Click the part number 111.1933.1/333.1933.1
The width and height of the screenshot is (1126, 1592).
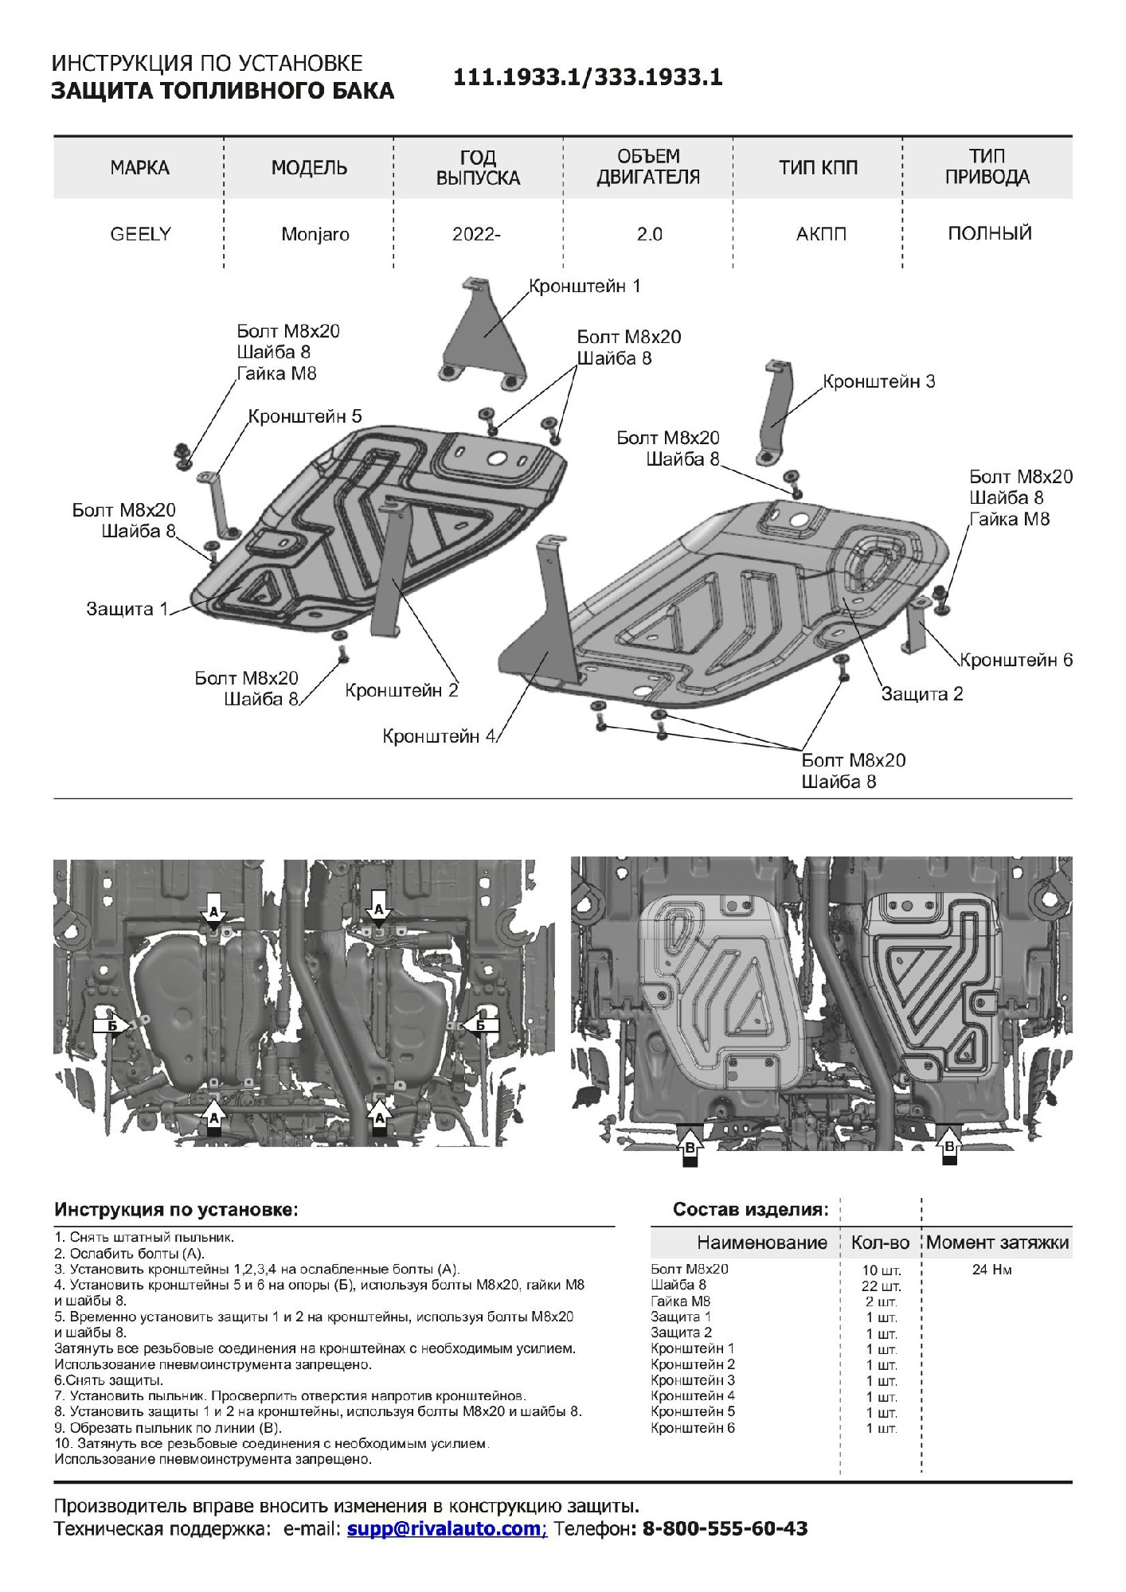point(588,77)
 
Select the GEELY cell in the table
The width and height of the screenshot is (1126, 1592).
point(140,234)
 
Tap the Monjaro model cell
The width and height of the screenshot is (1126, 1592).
point(315,235)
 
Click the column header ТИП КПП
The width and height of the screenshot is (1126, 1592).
point(818,167)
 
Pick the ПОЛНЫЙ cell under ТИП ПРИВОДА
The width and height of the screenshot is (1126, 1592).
point(989,233)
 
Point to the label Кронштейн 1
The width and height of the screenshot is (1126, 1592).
point(585,286)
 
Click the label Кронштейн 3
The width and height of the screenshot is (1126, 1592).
point(878,381)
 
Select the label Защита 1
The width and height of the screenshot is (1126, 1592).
point(127,609)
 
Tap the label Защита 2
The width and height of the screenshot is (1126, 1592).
point(921,693)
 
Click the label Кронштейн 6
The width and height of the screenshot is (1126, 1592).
point(1015,660)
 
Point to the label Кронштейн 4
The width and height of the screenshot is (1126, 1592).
point(439,736)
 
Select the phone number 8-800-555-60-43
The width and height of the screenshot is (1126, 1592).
point(725,1528)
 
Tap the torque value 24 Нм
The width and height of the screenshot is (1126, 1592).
point(991,1270)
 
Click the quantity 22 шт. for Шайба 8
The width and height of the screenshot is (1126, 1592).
point(882,1286)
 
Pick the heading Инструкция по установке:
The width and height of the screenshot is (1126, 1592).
point(176,1210)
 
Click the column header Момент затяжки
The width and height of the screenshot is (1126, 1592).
point(997,1243)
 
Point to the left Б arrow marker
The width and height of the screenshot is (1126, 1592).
point(112,1025)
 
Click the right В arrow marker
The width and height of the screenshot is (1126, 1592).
point(949,1147)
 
